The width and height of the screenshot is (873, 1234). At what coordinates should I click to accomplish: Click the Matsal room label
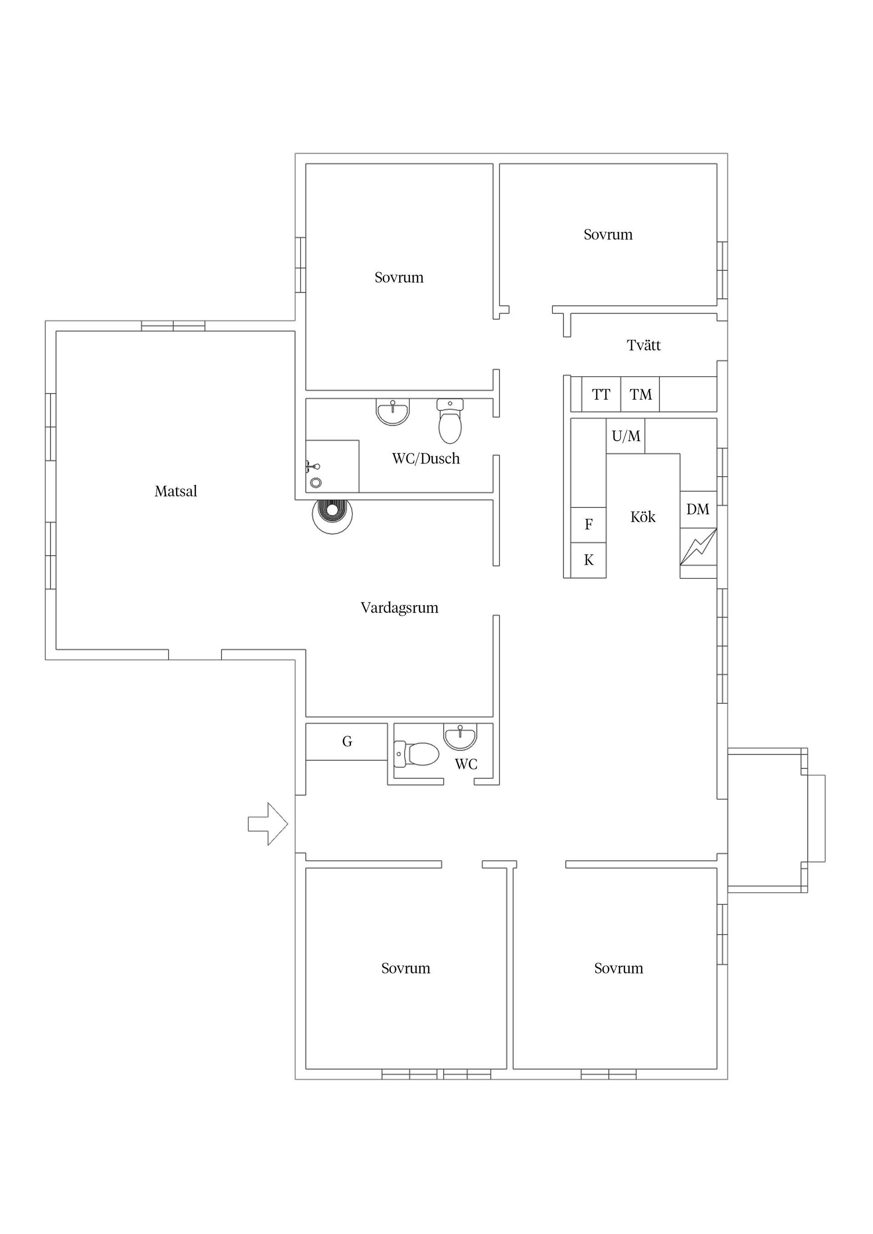[x=176, y=491]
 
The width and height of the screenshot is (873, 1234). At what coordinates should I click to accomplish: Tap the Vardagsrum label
[x=399, y=608]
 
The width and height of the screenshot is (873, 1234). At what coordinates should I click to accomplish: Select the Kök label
[x=643, y=517]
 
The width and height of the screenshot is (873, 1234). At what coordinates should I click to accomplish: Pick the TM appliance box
[x=640, y=394]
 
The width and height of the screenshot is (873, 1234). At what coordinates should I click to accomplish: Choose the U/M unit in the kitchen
[x=626, y=436]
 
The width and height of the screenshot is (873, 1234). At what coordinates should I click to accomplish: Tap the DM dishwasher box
[x=698, y=509]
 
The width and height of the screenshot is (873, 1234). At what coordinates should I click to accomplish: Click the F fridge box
[x=588, y=525]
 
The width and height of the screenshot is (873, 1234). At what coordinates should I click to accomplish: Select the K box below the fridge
[x=588, y=560]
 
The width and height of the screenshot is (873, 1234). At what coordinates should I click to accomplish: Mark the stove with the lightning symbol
[x=698, y=547]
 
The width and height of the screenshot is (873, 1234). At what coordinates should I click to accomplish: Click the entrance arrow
[x=268, y=824]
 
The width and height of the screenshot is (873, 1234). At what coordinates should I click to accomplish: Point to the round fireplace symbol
[x=332, y=514]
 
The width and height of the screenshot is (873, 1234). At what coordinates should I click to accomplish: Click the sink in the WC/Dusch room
[x=393, y=412]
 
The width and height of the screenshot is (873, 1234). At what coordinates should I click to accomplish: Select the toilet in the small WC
[x=416, y=753]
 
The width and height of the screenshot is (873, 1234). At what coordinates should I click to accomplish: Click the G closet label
[x=347, y=741]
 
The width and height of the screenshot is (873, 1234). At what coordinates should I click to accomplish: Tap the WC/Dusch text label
[x=426, y=458]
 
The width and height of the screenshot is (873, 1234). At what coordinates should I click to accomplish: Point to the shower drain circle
[x=316, y=483]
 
